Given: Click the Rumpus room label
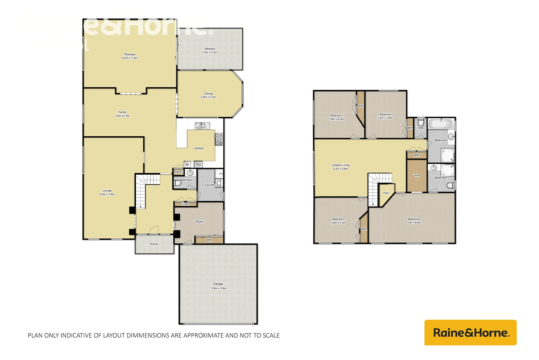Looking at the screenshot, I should (130, 54).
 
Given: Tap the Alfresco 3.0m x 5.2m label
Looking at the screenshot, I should (210, 50).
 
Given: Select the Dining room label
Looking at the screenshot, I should (208, 94).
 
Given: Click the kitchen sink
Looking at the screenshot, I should (200, 126).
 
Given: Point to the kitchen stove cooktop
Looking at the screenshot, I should (219, 139).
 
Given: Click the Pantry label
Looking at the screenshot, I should (179, 172).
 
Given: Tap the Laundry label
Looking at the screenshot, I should (210, 185).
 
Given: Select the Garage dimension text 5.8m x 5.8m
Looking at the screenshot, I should (219, 288).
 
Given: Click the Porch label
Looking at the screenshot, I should (154, 244).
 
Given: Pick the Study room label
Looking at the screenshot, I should (199, 221).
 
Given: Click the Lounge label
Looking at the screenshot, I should (107, 191).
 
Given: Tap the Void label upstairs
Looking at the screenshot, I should (385, 193).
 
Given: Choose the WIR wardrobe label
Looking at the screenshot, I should (417, 176).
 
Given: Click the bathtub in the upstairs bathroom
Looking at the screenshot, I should (440, 124).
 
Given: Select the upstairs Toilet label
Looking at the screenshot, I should (420, 128).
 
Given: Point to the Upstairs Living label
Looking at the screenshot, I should (340, 165).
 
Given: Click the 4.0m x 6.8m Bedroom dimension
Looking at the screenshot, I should (413, 223).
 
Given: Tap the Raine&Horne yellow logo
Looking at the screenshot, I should (470, 333).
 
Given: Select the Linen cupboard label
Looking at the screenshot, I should (186, 204).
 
